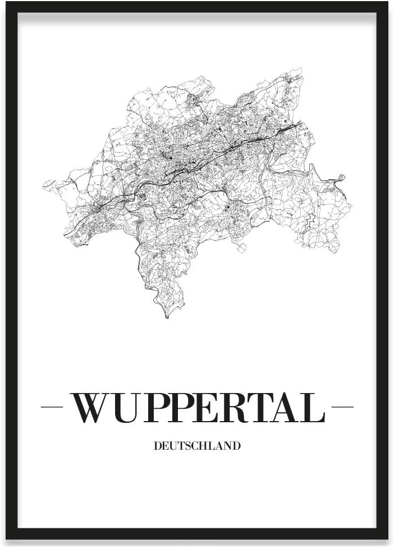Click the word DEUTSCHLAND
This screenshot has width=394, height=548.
(x=196, y=446)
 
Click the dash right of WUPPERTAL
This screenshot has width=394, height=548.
(x=342, y=407)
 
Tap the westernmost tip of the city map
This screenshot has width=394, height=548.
(x=43, y=184)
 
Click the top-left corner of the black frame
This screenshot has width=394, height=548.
(x=7, y=3)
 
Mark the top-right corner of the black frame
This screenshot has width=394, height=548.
(x=388, y=3)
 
